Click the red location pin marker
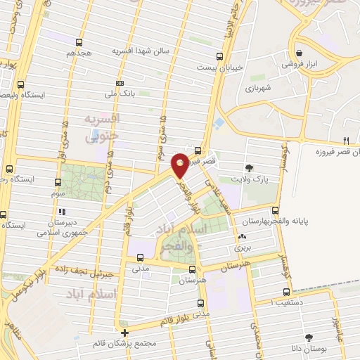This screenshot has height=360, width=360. (x=181, y=164)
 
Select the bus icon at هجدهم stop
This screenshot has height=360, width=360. (x=79, y=42)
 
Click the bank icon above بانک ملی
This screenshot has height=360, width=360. (x=120, y=82)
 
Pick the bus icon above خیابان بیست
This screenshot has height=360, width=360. (x=220, y=56)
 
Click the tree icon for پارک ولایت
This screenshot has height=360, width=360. (x=249, y=167)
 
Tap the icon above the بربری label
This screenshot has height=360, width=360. (x=243, y=237)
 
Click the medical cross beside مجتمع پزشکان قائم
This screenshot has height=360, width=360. (x=125, y=333)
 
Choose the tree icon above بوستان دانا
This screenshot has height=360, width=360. (x=309, y=337)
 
